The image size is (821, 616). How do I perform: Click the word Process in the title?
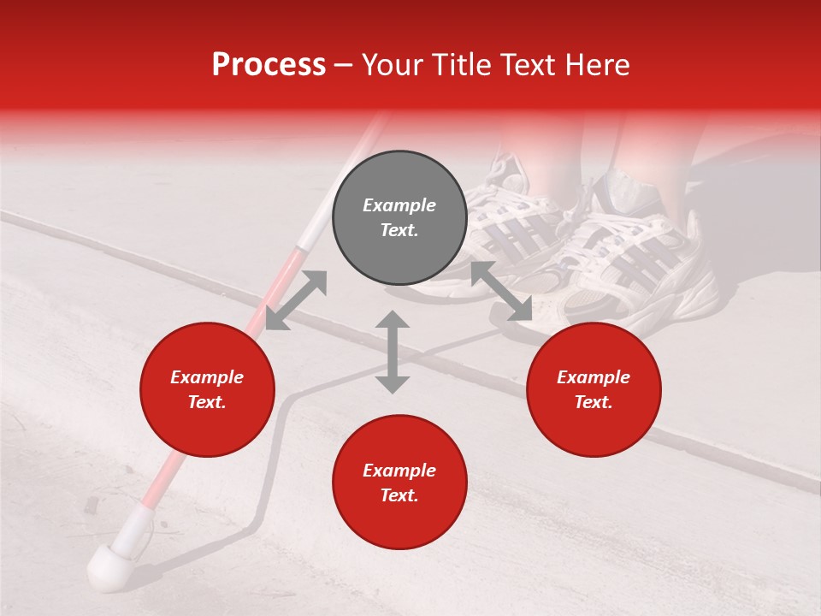[x=269, y=65]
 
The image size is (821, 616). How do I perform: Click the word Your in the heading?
[x=393, y=65]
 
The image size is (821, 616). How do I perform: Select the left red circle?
[x=207, y=389]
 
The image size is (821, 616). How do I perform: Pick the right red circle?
[x=593, y=389]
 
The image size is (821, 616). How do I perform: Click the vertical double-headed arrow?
[x=393, y=352]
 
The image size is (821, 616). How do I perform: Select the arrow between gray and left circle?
[x=296, y=299]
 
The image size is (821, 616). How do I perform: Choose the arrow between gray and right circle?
[x=501, y=292]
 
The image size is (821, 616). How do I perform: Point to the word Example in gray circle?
[x=399, y=205]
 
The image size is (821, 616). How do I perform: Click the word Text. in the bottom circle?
[x=399, y=495]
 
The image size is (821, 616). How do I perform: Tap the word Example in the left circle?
[x=207, y=377]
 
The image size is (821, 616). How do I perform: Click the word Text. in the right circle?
[x=593, y=402]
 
